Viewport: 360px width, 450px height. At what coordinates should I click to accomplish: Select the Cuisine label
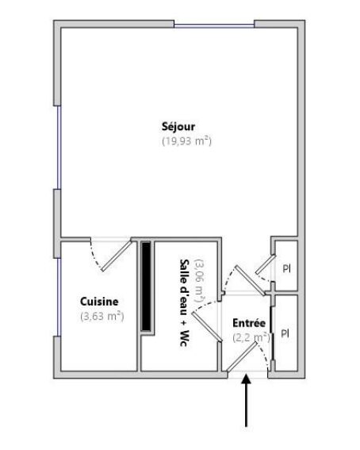tap(100, 302)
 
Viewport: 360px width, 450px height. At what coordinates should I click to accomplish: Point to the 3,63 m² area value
tap(101, 316)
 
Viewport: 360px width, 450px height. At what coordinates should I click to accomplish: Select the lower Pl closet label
tap(285, 333)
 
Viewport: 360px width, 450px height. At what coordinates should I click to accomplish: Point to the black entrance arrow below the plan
tap(247, 401)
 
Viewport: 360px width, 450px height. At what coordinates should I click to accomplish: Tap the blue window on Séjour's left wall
tap(57, 148)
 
